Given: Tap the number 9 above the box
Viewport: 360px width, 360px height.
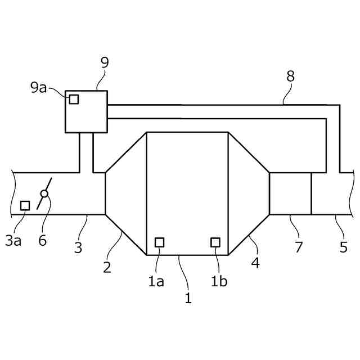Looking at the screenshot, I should pos(105,62).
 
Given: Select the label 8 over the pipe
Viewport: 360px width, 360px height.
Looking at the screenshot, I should pos(290,76).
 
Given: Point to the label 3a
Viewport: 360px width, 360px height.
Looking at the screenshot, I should pos(13,241).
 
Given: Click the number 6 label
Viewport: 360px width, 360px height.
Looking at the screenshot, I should pos(43,241).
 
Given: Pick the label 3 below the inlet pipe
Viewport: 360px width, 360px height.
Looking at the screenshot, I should pos(78,247).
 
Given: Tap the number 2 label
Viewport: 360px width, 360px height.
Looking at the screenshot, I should pos(107,267).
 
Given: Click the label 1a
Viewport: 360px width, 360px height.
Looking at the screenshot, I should pos(156,281).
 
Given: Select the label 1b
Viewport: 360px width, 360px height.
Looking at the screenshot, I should pos(219,281).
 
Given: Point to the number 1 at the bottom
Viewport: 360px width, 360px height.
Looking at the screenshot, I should pos(188,298).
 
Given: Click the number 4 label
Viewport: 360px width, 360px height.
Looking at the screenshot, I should pos(255,263).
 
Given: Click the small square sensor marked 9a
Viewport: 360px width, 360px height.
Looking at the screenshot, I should pos(74,100).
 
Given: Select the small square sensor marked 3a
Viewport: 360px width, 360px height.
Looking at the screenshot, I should pos(25,205).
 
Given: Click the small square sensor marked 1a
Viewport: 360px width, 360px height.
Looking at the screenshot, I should pos(160,242).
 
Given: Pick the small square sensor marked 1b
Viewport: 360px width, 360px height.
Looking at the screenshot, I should pos(215,242).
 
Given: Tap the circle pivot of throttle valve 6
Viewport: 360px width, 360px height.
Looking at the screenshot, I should pos(44,193).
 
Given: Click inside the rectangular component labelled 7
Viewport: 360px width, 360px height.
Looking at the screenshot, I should pos(290,193).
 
